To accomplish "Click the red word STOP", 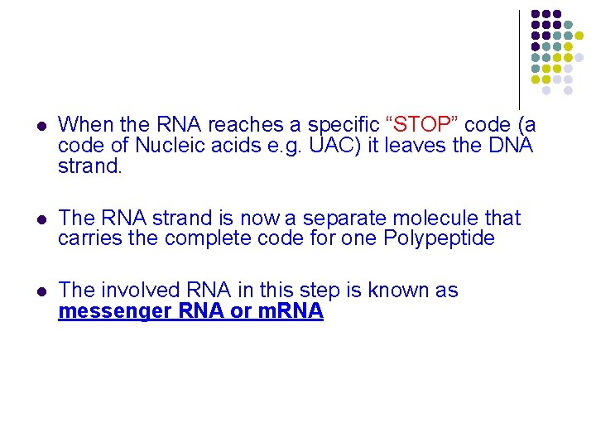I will (422, 125).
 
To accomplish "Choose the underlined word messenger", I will (118, 312).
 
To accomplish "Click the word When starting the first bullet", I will (87, 125).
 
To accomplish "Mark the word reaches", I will (241, 125).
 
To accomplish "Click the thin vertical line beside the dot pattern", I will (519, 58).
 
